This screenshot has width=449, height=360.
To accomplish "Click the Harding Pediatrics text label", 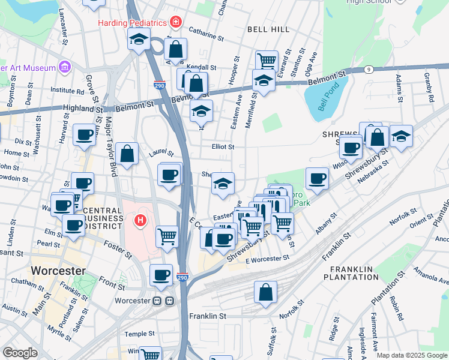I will pyautogui.click(x=133, y=23).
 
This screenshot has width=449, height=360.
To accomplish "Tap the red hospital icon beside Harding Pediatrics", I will pyautogui.click(x=175, y=23).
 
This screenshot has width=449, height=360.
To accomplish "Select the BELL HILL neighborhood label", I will pyautogui.click(x=268, y=29).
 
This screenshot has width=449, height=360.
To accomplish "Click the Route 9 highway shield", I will pyautogui.click(x=368, y=70).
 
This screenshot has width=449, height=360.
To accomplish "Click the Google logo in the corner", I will pyautogui.click(x=20, y=352).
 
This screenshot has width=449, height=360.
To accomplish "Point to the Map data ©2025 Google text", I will pyautogui.click(x=411, y=355).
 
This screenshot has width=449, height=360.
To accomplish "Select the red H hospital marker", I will pyautogui.click(x=140, y=221).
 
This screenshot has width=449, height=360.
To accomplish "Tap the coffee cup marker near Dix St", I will pyautogui.click(x=85, y=135).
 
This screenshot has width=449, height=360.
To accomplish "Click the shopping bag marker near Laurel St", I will pyautogui.click(x=127, y=154).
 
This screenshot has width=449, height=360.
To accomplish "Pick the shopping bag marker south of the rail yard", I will pyautogui.click(x=265, y=292).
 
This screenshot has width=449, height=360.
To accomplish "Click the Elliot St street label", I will pyautogui.click(x=222, y=146).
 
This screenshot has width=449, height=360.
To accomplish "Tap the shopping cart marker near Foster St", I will pyautogui.click(x=167, y=235).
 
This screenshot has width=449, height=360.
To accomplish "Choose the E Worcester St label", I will pyautogui.click(x=267, y=258).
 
